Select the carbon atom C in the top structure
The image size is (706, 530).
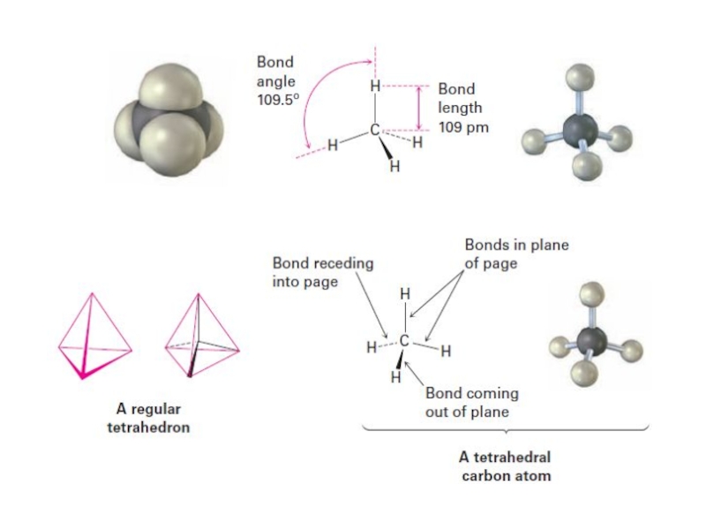(x=375, y=130)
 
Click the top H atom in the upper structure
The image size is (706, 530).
(x=375, y=87)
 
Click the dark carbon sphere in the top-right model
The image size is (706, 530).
(x=578, y=130)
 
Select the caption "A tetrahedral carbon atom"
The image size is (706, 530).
(x=506, y=466)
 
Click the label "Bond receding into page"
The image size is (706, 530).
(x=322, y=271)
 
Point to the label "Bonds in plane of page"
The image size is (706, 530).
(x=515, y=254)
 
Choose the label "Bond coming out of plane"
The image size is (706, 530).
(x=471, y=402)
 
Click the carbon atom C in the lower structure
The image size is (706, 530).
(x=405, y=340)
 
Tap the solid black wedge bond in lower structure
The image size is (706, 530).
(x=402, y=359)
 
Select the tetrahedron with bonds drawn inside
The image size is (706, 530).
(x=202, y=336)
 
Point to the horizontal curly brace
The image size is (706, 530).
(x=506, y=430)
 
